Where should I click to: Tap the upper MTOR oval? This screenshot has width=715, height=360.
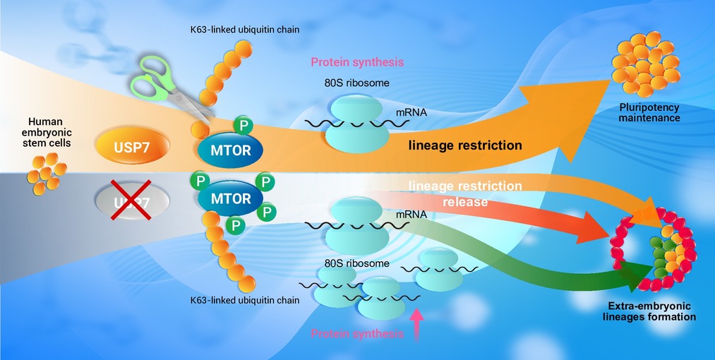point(231,149)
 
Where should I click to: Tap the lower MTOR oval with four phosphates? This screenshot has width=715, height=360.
point(230,199)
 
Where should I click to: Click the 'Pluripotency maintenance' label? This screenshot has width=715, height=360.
point(649,113)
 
